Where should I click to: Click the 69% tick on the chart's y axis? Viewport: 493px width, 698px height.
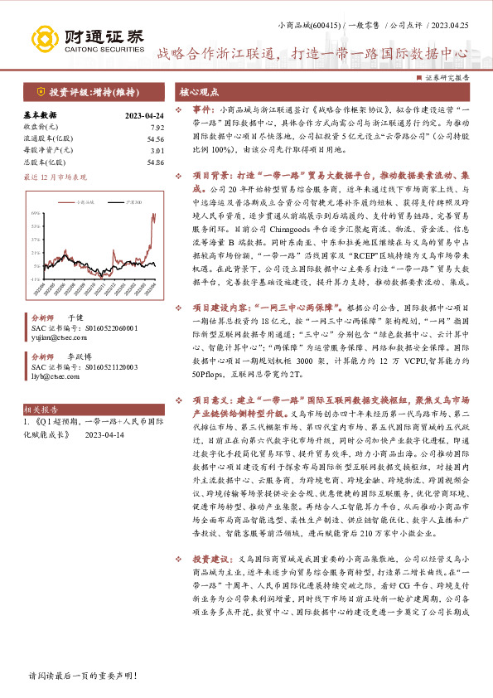[36, 213]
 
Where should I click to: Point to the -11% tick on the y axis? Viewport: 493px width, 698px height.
[36, 280]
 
